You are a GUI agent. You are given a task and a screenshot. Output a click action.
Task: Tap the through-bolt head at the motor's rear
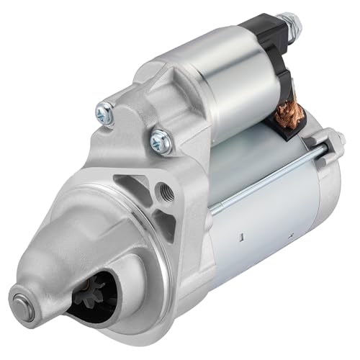pos(336,141)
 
